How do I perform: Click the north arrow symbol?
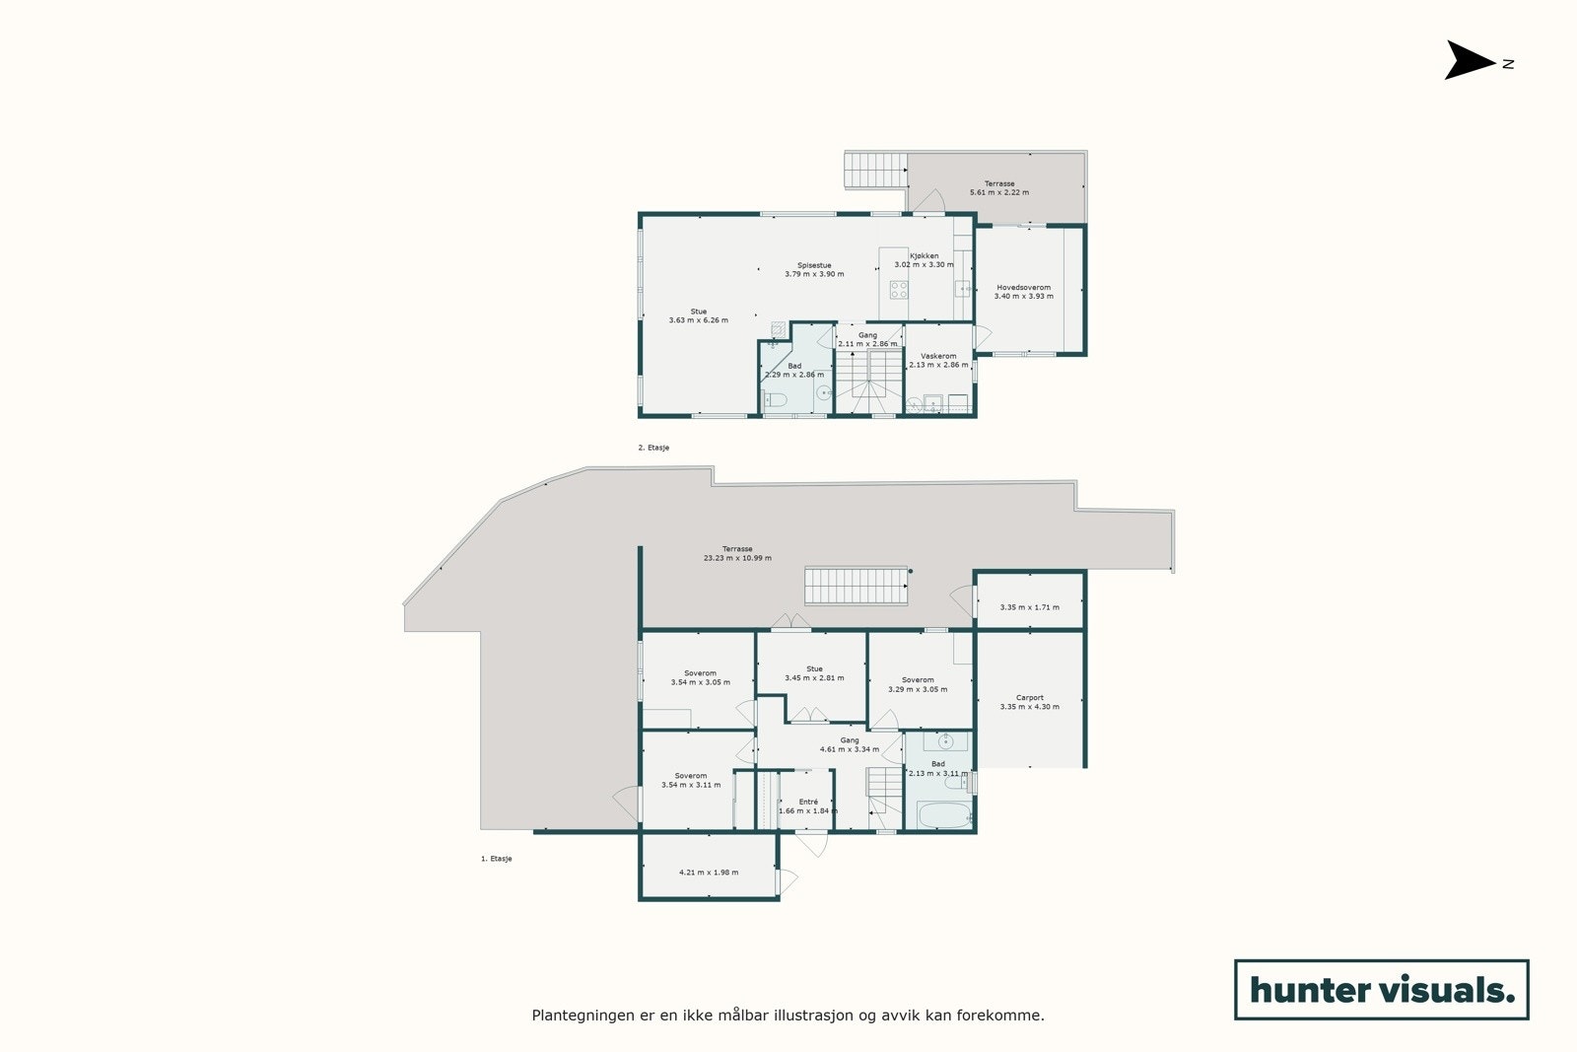(1470, 60)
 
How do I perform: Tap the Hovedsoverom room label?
(1023, 288)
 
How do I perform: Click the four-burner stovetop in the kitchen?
(899, 290)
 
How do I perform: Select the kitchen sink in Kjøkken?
(962, 289)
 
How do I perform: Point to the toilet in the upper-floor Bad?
(775, 399)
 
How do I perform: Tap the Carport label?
(1029, 698)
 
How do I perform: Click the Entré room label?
(808, 802)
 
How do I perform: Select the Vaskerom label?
(938, 356)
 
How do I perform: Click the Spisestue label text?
(814, 265)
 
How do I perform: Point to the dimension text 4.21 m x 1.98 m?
(709, 873)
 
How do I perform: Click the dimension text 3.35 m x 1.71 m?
(1029, 607)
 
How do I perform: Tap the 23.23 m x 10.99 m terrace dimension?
(737, 558)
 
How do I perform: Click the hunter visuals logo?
(1381, 989)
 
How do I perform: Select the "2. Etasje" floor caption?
(653, 448)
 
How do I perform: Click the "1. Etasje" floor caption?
(497, 859)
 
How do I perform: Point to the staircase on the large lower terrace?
(856, 585)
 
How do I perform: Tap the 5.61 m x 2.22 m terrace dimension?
(998, 192)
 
